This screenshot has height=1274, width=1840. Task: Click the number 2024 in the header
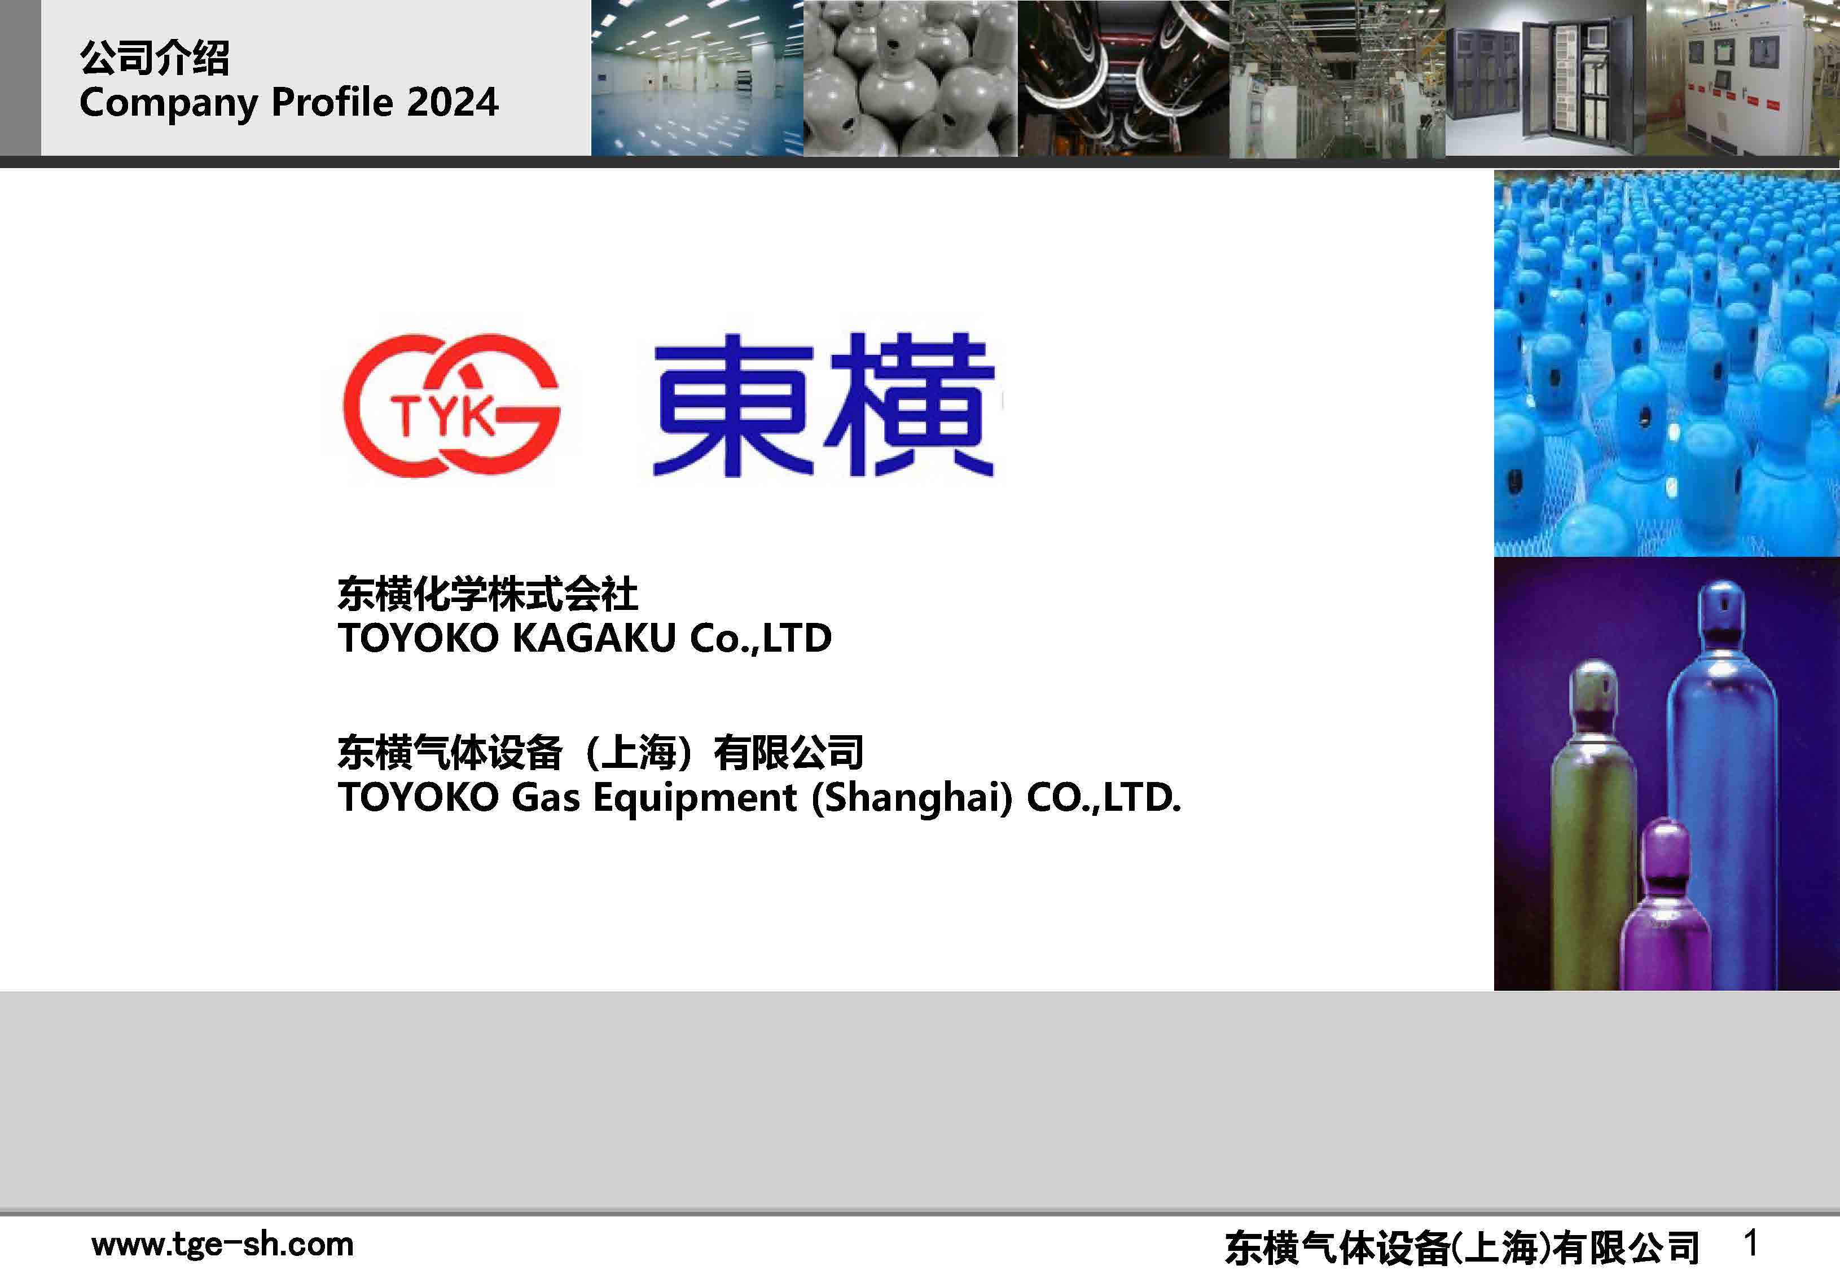pos(453,102)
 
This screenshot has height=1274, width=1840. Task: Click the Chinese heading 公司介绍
pos(154,58)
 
